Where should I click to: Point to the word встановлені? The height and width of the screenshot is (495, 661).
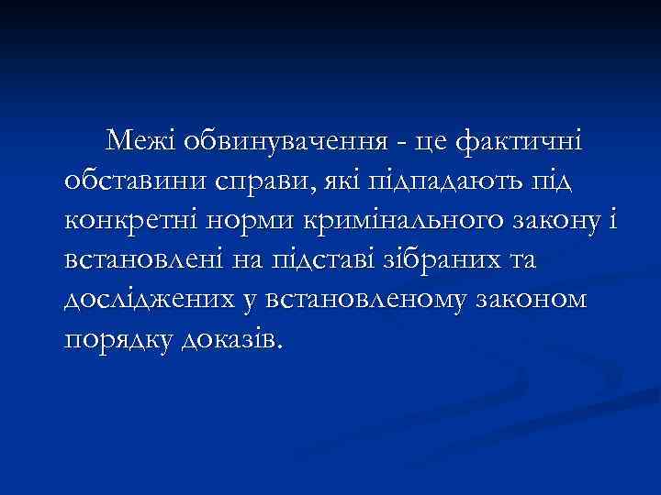[x=146, y=262]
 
